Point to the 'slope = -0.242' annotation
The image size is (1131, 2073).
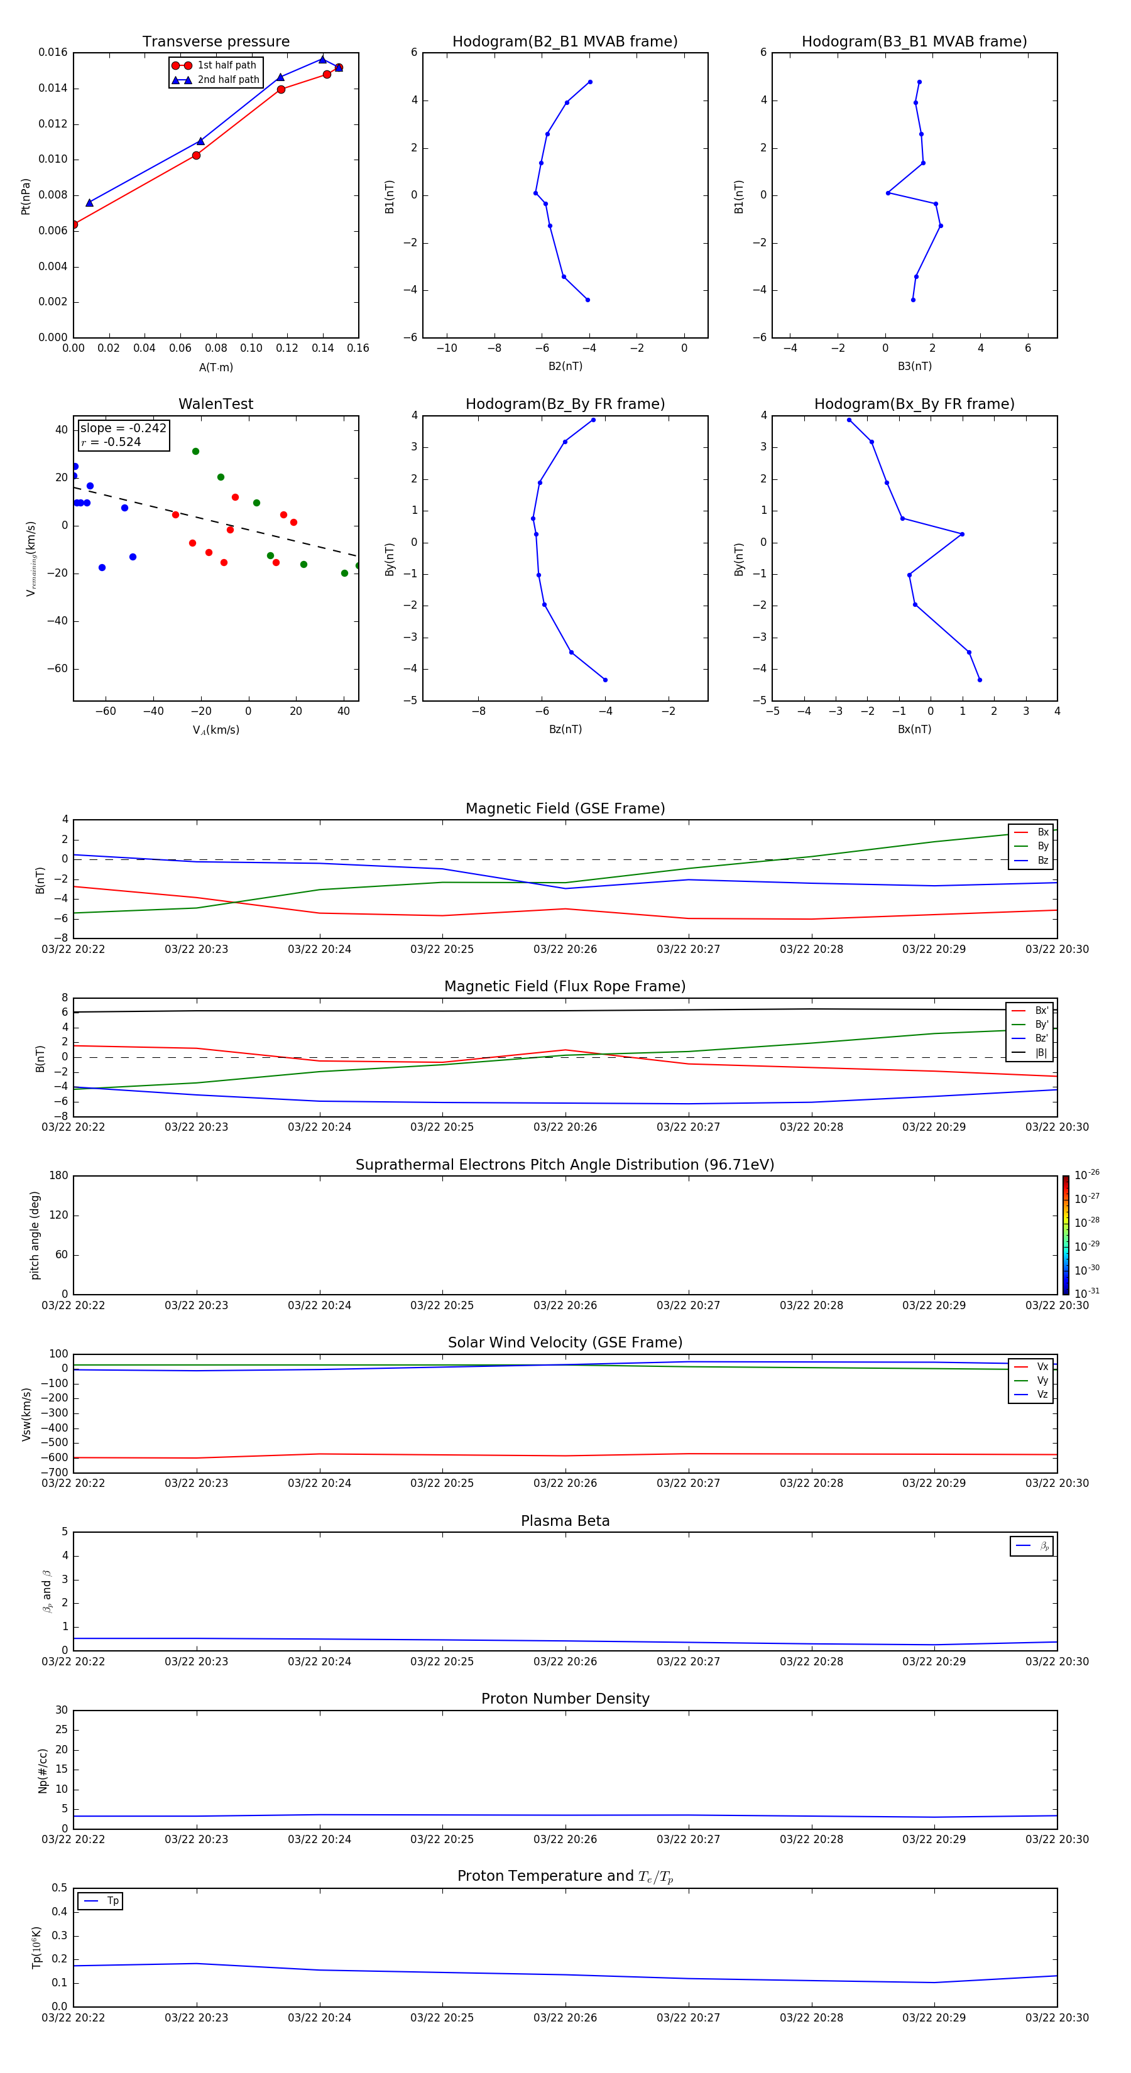(123, 428)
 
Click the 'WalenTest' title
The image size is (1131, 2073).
(216, 404)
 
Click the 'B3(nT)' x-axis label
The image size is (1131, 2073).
(914, 366)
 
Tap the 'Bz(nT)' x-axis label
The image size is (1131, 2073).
(565, 729)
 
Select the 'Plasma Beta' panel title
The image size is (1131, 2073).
(565, 1521)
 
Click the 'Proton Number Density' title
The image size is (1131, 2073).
(565, 1699)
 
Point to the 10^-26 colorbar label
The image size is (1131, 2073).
(1086, 1175)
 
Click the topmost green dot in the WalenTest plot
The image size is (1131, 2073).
(195, 452)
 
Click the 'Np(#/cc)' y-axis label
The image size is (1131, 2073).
(43, 1770)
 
